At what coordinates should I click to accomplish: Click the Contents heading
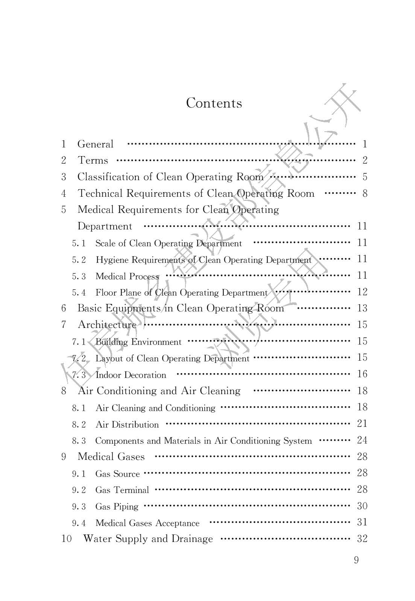point(214,103)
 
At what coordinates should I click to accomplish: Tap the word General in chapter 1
point(95,144)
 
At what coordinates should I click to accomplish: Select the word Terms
point(93,161)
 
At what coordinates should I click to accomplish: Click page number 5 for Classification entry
point(365,177)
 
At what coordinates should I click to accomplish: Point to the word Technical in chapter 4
point(100,193)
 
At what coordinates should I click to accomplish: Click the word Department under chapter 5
point(105,226)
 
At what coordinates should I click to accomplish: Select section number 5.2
point(79,260)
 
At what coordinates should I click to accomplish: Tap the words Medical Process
point(127,276)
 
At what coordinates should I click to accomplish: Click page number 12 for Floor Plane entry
point(362,292)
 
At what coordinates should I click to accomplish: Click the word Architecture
point(107,325)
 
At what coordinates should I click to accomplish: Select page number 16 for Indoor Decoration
point(362,374)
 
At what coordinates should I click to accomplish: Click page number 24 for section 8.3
point(362,440)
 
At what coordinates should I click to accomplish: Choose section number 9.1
point(79,474)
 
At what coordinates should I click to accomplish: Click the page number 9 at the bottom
point(356,560)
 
